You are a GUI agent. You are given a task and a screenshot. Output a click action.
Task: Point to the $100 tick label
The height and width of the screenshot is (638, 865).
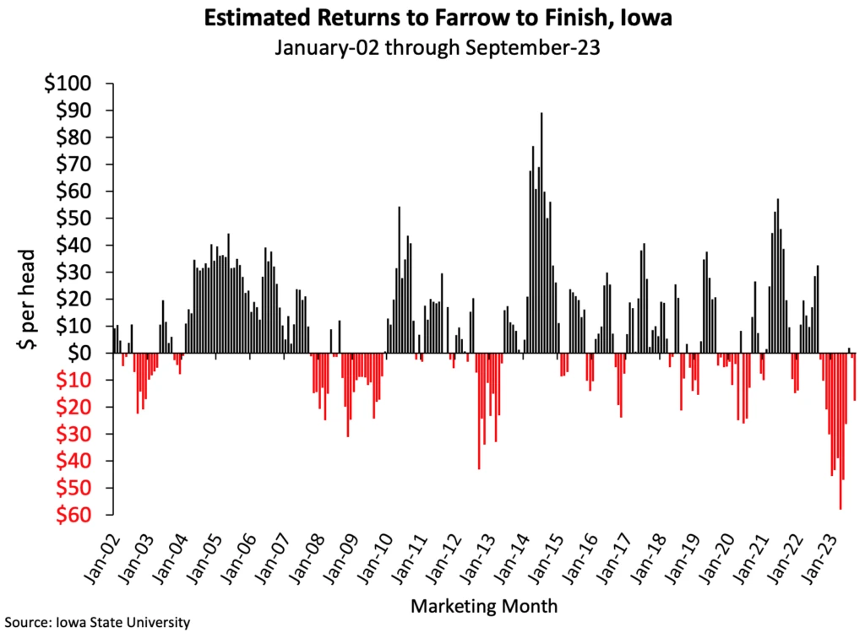78,84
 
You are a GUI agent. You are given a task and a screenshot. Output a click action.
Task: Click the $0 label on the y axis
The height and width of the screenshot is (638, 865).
87,354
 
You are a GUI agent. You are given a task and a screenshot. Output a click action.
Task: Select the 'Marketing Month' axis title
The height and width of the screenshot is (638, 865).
482,605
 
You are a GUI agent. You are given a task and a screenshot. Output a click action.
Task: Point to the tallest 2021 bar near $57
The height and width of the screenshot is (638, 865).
778,275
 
